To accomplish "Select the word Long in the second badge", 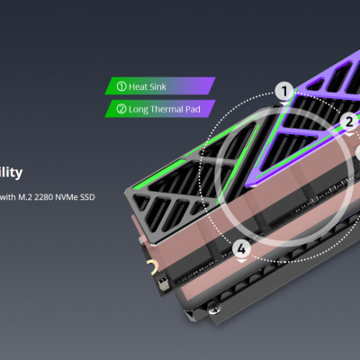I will [x=139, y=109].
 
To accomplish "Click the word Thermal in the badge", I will [x=168, y=109].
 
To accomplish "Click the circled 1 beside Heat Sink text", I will [x=120, y=86].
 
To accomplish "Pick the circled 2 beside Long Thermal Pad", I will [x=120, y=109].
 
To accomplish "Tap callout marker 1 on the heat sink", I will [x=284, y=91].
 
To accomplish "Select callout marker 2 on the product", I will [x=349, y=120].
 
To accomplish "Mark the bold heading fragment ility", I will [x=11, y=172].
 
